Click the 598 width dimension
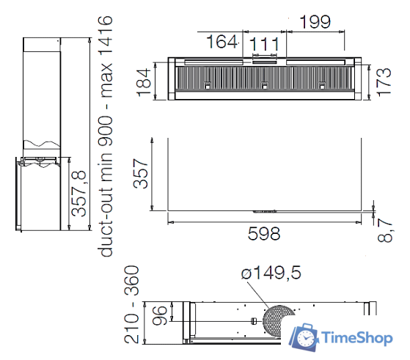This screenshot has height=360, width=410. (x=264, y=234)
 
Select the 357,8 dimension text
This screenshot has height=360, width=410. (x=79, y=194)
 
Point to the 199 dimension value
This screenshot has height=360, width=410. (x=315, y=22)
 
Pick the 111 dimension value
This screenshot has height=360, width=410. (x=264, y=45)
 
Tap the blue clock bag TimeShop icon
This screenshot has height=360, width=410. (x=303, y=335)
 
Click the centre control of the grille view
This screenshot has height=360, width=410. (x=263, y=87)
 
